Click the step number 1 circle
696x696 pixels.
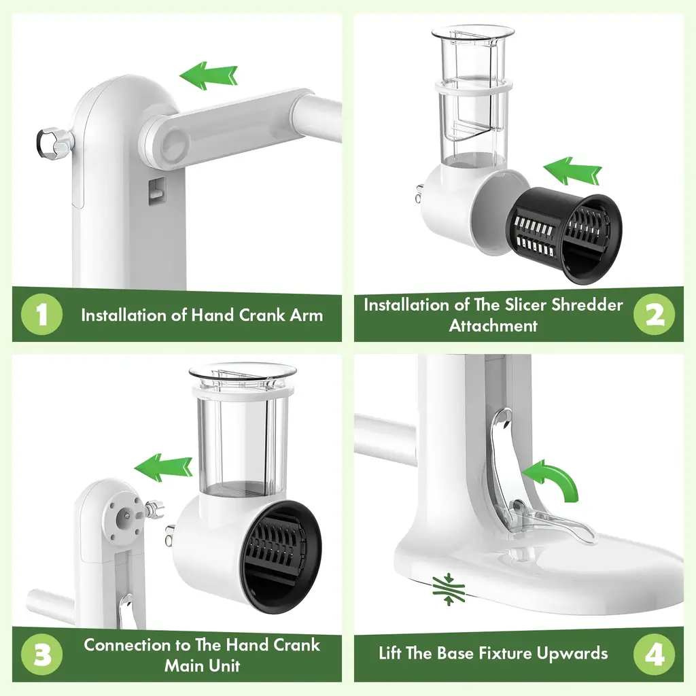pyautogui.click(x=41, y=314)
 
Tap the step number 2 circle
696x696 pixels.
pyautogui.click(x=654, y=314)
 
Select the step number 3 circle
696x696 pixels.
pyautogui.click(x=41, y=655)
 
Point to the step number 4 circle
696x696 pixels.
pyautogui.click(x=654, y=655)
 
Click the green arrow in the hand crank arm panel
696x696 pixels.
pyautogui.click(x=208, y=75)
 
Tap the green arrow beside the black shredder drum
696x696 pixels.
pyautogui.click(x=572, y=171)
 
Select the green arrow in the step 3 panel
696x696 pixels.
pyautogui.click(x=163, y=468)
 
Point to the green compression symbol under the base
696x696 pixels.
pyautogui.click(x=449, y=589)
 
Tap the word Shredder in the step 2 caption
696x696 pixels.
pyautogui.click(x=587, y=305)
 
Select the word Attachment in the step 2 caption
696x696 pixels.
pyautogui.click(x=493, y=326)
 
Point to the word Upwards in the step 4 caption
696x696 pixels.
pyautogui.click(x=572, y=654)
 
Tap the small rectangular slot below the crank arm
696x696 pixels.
pyautogui.click(x=157, y=191)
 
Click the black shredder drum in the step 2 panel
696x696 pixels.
pyautogui.click(x=564, y=235)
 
